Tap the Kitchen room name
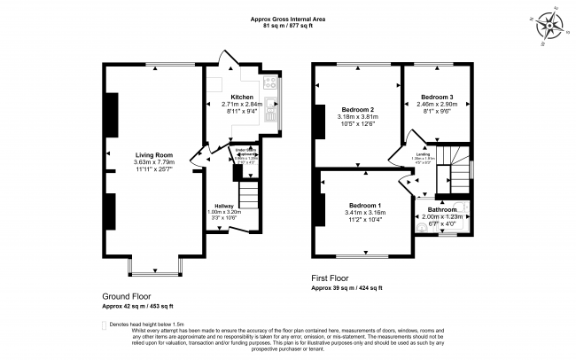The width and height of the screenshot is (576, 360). tap(242, 97)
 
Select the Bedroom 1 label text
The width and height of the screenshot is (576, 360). tap(366, 203)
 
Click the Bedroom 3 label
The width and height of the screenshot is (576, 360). tap(437, 97)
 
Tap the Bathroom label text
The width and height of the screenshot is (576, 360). tap(440, 209)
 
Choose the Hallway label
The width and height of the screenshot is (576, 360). tap(224, 206)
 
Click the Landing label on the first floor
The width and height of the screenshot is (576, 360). tap(424, 154)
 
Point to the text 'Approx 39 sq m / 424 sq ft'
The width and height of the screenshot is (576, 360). tap(346, 288)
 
